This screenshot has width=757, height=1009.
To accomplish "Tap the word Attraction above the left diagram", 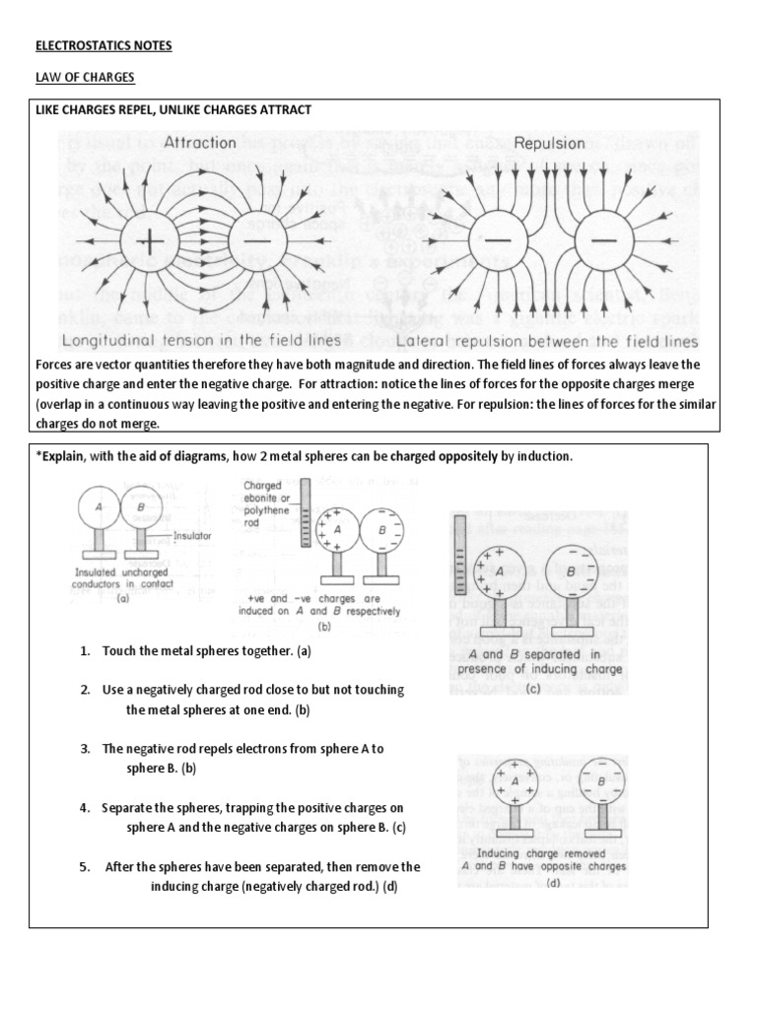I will click(x=199, y=142).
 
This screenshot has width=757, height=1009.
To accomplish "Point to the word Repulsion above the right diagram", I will click(x=549, y=143).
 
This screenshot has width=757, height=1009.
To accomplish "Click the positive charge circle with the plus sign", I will click(x=150, y=240).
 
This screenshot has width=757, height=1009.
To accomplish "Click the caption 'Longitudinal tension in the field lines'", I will click(x=201, y=341).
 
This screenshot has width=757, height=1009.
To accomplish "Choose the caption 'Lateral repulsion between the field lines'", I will click(x=547, y=341).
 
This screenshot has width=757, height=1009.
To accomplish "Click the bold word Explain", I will click(x=64, y=457).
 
